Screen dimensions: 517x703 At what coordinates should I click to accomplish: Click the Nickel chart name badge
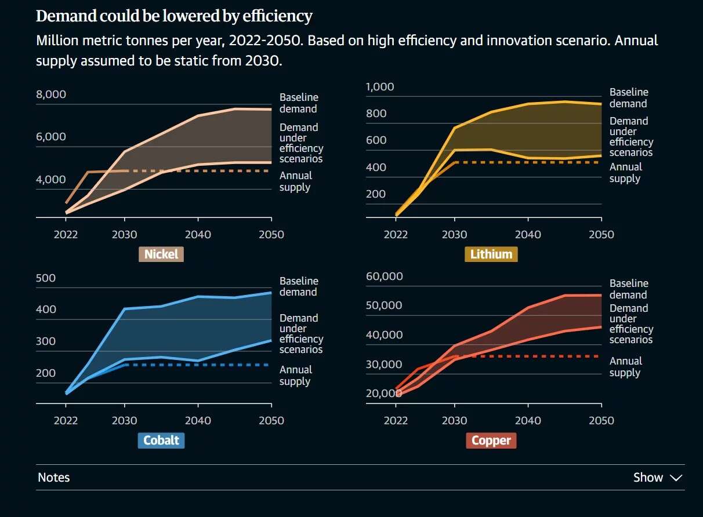(161, 254)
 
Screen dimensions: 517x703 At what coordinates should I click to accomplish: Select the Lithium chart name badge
(491, 254)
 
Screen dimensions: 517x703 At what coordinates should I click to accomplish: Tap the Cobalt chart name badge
(161, 440)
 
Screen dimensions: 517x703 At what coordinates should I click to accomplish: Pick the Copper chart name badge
(491, 440)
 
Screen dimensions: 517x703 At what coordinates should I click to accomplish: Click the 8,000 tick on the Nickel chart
(51, 94)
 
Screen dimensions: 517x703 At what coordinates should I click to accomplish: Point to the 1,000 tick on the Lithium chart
(380, 87)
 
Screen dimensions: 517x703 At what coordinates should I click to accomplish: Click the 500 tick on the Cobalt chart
(46, 278)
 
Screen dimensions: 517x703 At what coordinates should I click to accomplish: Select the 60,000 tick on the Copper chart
(384, 276)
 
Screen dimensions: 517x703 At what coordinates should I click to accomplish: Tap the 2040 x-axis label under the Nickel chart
(198, 234)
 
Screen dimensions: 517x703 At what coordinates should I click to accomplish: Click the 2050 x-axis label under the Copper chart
(601, 420)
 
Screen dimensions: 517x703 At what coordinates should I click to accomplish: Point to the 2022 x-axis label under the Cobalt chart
(65, 420)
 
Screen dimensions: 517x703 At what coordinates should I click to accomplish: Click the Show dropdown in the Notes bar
(657, 478)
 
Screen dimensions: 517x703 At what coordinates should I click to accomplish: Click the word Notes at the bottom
(53, 478)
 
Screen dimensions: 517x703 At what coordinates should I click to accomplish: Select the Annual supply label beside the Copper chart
(625, 367)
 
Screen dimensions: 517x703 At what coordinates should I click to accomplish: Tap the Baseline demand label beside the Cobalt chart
(298, 286)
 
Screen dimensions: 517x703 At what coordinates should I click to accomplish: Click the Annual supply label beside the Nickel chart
(295, 181)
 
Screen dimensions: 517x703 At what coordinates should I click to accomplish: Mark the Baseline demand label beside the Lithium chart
(628, 98)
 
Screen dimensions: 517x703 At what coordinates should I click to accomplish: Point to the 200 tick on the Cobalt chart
(46, 373)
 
